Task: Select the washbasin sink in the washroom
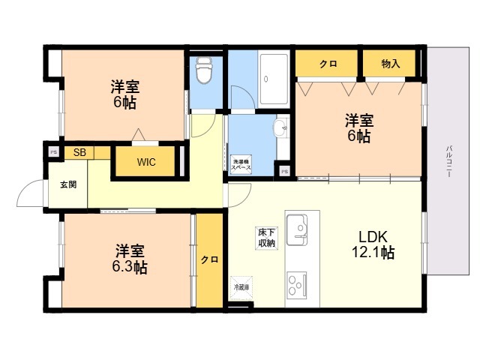click(x=282, y=128)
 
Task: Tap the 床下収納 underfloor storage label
click(x=266, y=237)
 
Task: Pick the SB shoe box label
click(x=79, y=152)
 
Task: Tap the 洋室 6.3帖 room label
click(x=130, y=259)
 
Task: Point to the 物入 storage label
click(x=390, y=64)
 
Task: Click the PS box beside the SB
click(x=53, y=152)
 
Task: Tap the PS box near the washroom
click(x=283, y=171)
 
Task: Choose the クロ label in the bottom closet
click(x=209, y=260)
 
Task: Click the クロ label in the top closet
click(x=327, y=64)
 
